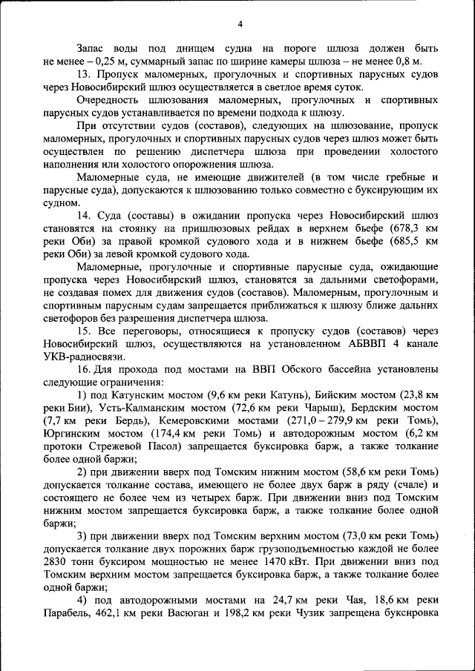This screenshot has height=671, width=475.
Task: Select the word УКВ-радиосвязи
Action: pos(82,357)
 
